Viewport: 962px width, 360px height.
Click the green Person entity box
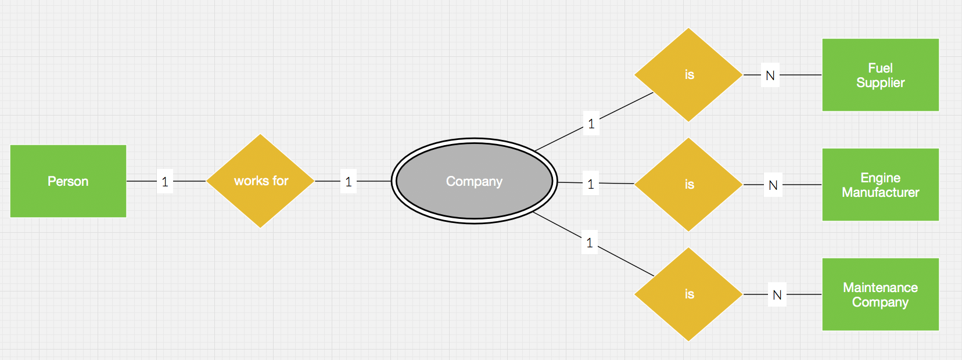[68, 181]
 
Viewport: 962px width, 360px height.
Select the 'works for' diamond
[261, 181]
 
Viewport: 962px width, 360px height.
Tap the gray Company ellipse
[474, 181]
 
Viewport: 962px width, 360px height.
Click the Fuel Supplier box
[880, 75]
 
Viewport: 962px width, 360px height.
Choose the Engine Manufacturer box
[880, 185]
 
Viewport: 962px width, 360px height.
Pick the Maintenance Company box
[880, 294]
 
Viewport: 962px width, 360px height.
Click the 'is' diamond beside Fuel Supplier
[689, 75]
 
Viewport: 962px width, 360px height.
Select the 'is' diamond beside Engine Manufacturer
[689, 185]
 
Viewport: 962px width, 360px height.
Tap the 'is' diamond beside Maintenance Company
[689, 294]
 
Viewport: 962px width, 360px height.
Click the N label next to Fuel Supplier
[770, 75]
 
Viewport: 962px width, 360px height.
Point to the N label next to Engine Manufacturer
[773, 185]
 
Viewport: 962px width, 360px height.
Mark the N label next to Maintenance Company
[777, 295]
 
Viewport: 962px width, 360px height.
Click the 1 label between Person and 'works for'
[165, 182]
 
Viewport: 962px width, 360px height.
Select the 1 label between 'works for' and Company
[349, 182]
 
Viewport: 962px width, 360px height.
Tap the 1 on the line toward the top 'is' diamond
[591, 124]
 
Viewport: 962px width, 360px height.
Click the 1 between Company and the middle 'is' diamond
[591, 184]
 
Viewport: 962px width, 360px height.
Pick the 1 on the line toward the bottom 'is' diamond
[590, 243]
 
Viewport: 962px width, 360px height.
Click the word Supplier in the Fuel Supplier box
[880, 82]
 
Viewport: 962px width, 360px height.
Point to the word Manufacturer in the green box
[880, 192]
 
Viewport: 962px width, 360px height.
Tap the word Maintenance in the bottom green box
[880, 287]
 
